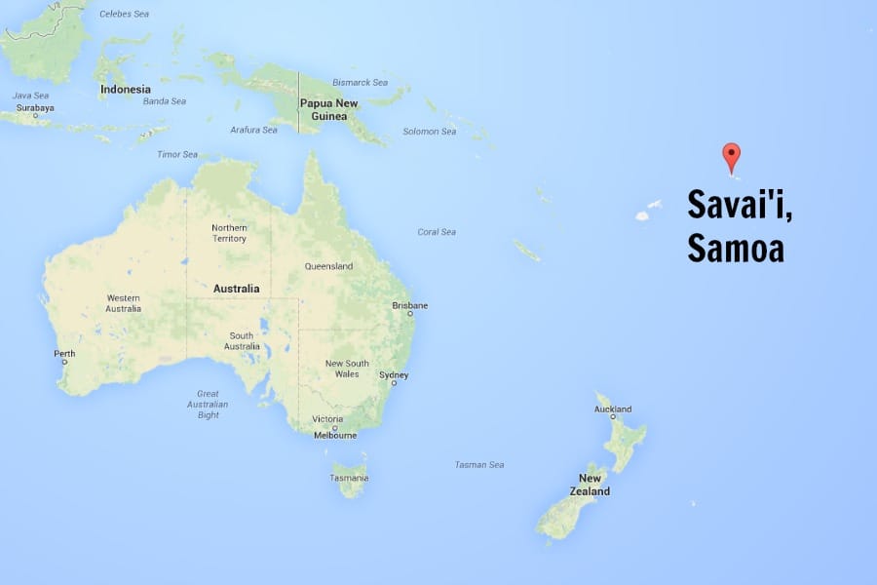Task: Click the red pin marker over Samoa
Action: click(731, 156)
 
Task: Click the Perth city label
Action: click(64, 353)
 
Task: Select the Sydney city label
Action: click(394, 375)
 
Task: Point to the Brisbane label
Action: click(409, 305)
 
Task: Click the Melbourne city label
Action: click(335, 435)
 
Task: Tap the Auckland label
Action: click(613, 409)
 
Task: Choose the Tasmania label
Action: click(349, 478)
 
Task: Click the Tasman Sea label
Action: click(479, 465)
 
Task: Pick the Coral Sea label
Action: click(437, 232)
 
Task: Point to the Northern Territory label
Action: click(230, 233)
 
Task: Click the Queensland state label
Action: click(328, 266)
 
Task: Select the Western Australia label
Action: click(124, 303)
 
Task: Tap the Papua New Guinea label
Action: click(328, 110)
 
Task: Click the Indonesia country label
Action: click(126, 90)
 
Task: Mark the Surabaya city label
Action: click(36, 108)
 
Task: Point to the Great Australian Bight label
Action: click(208, 405)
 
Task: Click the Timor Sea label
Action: click(177, 154)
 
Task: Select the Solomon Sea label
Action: click(430, 132)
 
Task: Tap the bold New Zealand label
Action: click(591, 485)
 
